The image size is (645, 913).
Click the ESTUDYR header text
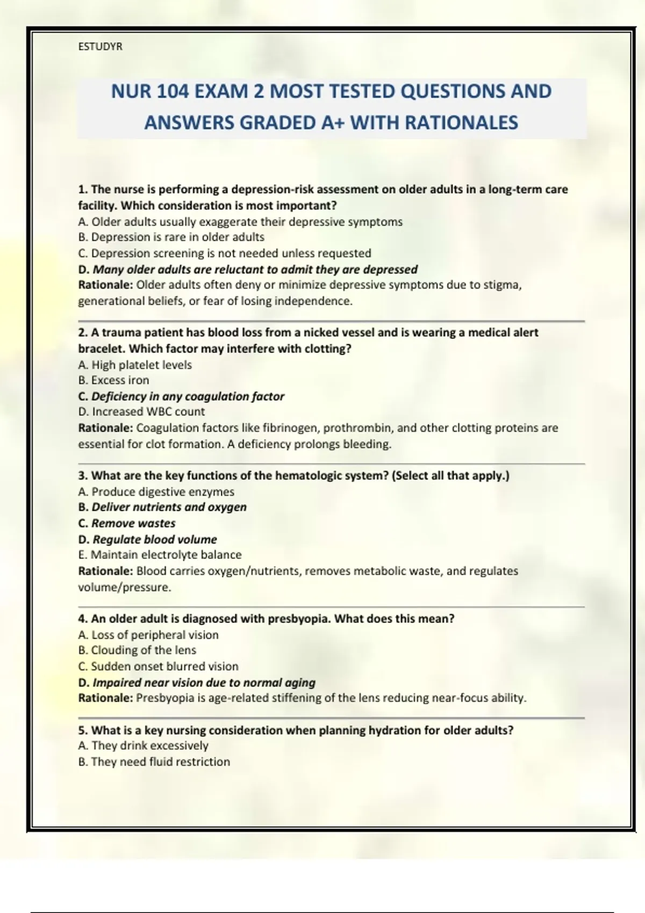[100, 47]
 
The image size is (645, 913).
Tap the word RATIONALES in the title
[461, 122]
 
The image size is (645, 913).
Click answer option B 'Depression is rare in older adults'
[171, 237]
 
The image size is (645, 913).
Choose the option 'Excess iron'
[113, 380]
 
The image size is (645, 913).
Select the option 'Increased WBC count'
[141, 412]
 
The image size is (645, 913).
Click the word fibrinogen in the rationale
[289, 428]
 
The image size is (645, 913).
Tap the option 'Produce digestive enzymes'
[156, 491]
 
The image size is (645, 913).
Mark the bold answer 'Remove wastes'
[127, 523]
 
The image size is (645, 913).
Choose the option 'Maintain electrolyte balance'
[160, 555]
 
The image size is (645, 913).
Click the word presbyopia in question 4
[298, 619]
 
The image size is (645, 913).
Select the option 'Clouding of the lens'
[137, 650]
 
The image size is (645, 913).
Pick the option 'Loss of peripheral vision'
[148, 635]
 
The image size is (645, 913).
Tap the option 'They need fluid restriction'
[154, 762]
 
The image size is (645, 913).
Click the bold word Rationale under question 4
[105, 698]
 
